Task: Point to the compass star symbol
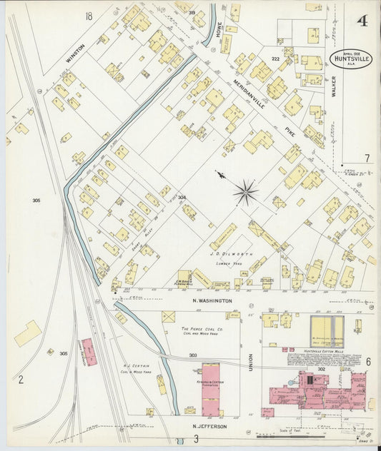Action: [x=245, y=191]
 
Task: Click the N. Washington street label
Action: [x=212, y=301]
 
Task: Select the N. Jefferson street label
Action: [x=209, y=426]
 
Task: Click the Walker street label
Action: [x=335, y=91]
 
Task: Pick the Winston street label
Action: [x=75, y=54]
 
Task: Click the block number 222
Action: [x=275, y=59]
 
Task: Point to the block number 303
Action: [x=193, y=355]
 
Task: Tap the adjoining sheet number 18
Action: [x=89, y=16]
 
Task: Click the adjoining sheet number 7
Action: [x=367, y=158]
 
